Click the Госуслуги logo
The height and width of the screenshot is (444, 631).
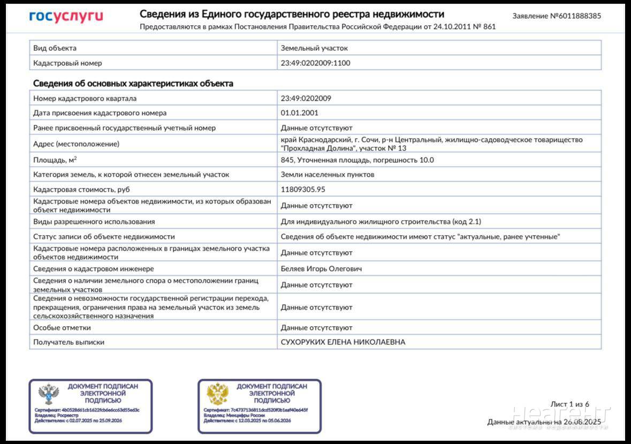coord(66,17)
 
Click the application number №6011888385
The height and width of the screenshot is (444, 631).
coord(557,16)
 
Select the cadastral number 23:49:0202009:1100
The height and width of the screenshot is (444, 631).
coord(315,63)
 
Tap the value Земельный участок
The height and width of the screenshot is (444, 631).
coord(314,48)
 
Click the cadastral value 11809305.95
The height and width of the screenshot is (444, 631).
coord(303,189)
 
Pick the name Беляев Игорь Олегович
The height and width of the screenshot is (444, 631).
coord(321,268)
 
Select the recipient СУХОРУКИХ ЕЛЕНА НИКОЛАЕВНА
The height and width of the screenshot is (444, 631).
coord(343,342)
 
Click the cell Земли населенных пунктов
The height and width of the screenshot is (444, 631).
coord(328,174)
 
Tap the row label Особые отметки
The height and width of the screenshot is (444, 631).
coord(62,327)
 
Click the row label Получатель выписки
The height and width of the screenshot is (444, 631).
coord(69,342)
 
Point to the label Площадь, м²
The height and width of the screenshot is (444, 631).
coord(55,160)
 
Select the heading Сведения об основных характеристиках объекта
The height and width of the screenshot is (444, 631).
coord(133,84)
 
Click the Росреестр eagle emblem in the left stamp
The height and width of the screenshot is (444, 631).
coord(49,395)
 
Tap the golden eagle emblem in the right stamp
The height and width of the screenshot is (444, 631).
coord(218,394)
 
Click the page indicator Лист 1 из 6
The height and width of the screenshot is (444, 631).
coord(569,404)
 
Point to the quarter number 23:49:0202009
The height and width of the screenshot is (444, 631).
coord(306,99)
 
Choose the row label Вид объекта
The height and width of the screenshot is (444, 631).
coord(55,48)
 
